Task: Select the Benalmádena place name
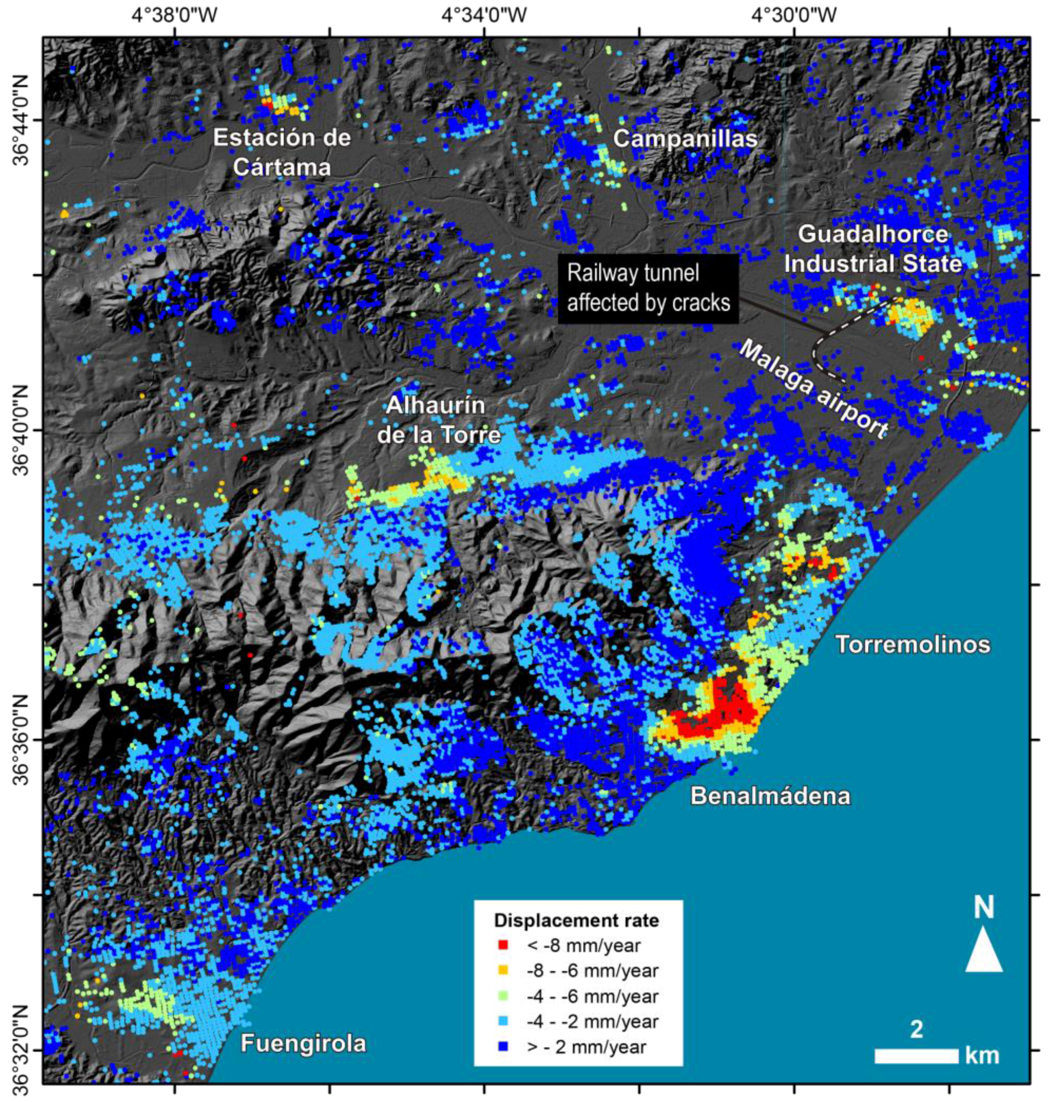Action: click(770, 796)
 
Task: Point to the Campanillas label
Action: click(684, 139)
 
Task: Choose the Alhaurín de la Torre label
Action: click(438, 420)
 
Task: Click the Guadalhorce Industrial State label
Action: click(873, 249)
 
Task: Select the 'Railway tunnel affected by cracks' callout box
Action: click(648, 288)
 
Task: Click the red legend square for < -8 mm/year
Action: click(503, 945)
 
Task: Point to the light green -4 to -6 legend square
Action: click(503, 996)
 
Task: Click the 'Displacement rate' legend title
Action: click(576, 920)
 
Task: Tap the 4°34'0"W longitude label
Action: click(484, 16)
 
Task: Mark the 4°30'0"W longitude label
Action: click(794, 16)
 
